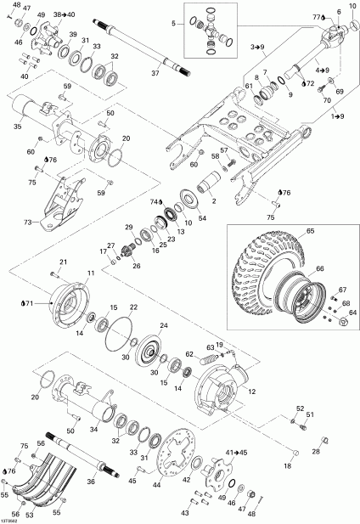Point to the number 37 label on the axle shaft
click(155, 74)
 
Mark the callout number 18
click(288, 467)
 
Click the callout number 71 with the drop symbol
click(31, 301)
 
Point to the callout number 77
click(316, 17)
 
